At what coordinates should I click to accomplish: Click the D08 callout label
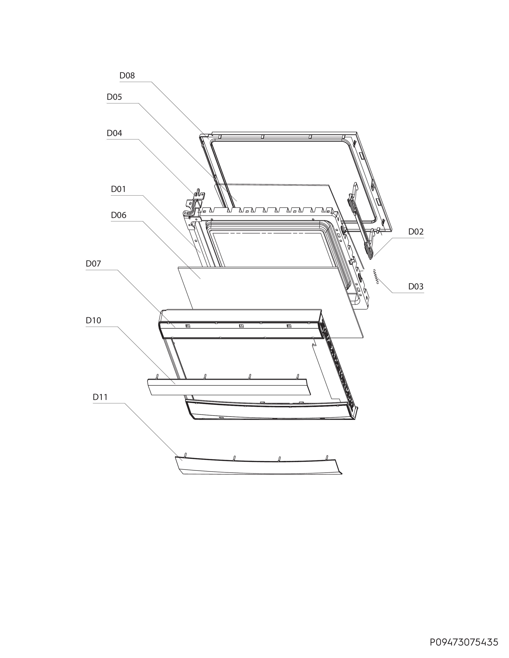pos(127,75)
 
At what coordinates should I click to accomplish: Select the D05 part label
pos(114,97)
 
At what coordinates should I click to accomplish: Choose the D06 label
pos(119,215)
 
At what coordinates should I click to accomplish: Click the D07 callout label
pos(93,264)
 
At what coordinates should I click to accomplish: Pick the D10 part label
pos(93,320)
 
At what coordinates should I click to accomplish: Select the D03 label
pos(416,286)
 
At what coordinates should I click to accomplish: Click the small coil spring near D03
pos(376,277)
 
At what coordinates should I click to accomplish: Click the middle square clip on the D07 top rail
pos(241,326)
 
